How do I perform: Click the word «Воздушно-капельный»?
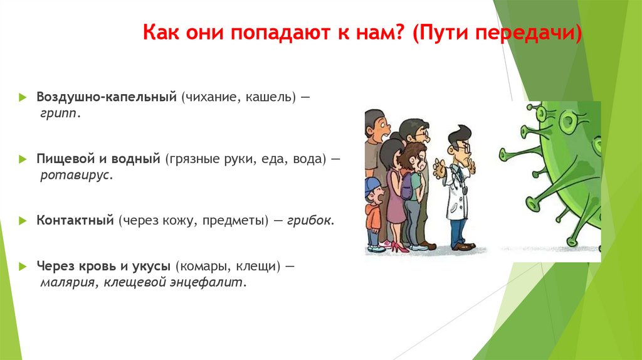click(x=107, y=97)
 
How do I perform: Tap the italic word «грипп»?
click(x=58, y=114)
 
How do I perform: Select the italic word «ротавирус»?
click(x=75, y=175)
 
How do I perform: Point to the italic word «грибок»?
click(x=308, y=220)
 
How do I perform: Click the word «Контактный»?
click(x=75, y=220)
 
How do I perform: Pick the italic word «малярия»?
click(x=68, y=283)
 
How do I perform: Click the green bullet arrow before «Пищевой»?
click(x=23, y=159)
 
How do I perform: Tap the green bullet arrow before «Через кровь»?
click(x=23, y=267)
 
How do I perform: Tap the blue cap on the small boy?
click(x=372, y=184)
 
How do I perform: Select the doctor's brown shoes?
click(x=463, y=246)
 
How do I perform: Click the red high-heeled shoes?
click(x=399, y=247)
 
